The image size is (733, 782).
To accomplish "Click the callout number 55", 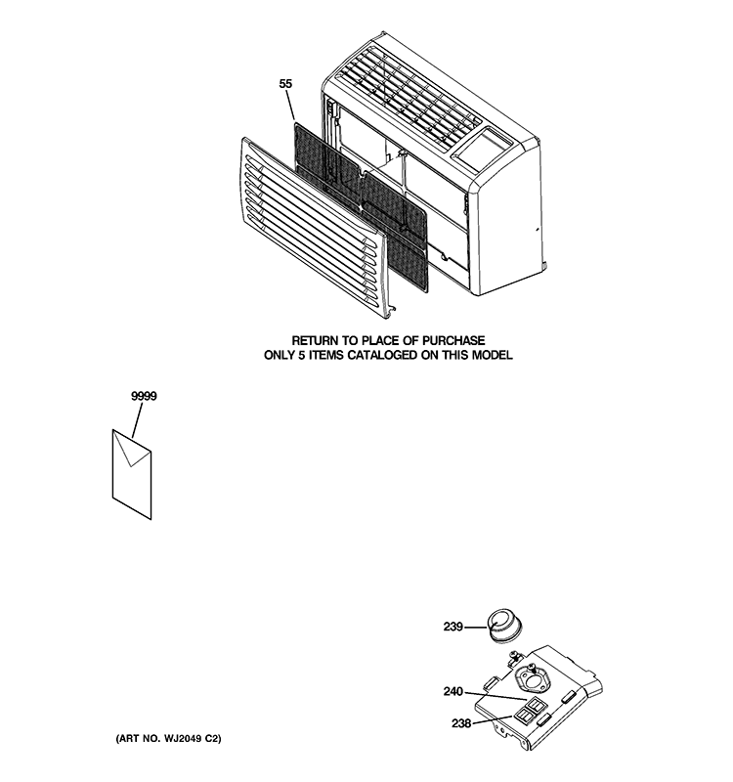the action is [285, 84].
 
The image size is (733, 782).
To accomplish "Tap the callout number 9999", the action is [144, 396].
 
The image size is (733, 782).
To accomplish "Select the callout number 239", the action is [453, 627].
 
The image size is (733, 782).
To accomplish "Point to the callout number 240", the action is [453, 692].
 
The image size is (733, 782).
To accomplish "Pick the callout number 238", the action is [461, 722].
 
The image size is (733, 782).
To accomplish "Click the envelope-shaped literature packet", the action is [132, 474].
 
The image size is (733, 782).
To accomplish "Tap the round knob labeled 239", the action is [503, 626].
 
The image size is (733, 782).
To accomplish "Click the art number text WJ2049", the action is [182, 739].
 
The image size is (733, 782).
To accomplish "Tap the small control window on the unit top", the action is [482, 145].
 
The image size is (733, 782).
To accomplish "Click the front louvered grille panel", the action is [314, 228].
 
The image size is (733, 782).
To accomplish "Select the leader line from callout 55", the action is [290, 105].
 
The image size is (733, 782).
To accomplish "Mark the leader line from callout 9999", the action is [137, 420].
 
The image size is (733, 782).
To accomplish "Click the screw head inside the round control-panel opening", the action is [532, 667].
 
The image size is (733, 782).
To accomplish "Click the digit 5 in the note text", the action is [302, 355].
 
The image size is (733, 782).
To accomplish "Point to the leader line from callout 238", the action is [493, 719].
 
